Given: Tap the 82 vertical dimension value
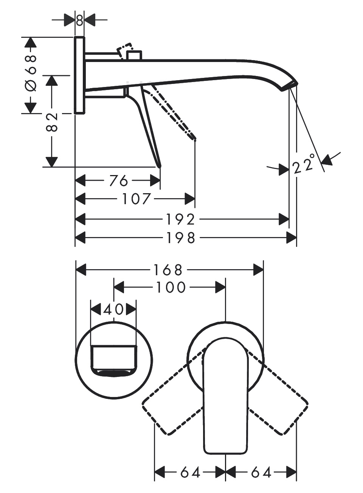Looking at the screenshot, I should pos(51,122).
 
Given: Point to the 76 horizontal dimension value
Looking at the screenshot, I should pos(118,181).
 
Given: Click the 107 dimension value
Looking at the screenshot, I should pos(137,198).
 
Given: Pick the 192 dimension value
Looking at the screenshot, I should pos(180,219).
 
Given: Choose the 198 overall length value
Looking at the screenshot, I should pos(180,238).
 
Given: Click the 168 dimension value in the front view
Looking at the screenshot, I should pos(168,270).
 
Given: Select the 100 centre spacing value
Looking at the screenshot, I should pos(170,287).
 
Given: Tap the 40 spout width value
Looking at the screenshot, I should pos(113,309).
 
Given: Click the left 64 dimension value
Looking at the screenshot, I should pos(190,472).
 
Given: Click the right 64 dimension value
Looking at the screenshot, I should pos(261,472).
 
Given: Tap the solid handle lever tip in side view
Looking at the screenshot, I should pos(159,165).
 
